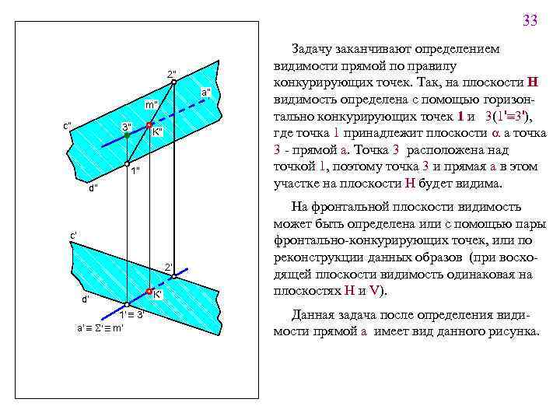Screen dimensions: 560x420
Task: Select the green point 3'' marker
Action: pyautogui.click(x=127, y=135)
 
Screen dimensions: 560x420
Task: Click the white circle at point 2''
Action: pyautogui.click(x=173, y=82)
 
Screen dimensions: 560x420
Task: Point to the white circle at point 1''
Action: pyautogui.click(x=127, y=164)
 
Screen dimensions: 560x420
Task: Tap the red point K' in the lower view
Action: pyautogui.click(x=148, y=293)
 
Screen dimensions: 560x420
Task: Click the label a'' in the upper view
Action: pyautogui.click(x=205, y=93)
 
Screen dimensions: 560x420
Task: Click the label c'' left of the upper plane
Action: pyautogui.click(x=68, y=125)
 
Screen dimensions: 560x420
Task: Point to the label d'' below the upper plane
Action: pyautogui.click(x=93, y=187)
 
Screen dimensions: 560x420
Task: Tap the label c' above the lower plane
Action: pyautogui.click(x=73, y=234)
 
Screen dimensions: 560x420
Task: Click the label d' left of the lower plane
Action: pyautogui.click(x=86, y=299)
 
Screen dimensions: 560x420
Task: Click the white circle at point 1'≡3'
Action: pyautogui.click(x=126, y=305)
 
